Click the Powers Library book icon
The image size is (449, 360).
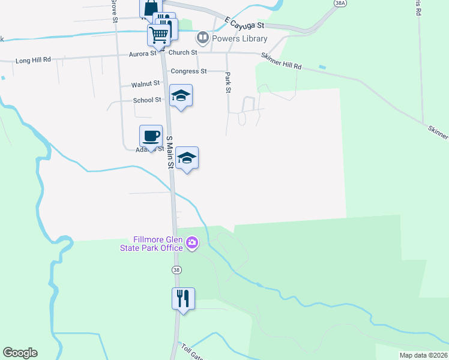click(203, 39)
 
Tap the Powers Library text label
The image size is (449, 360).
click(238, 39)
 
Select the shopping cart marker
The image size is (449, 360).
click(158, 34)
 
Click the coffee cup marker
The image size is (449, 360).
click(151, 136)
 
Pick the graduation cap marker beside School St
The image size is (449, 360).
click(181, 95)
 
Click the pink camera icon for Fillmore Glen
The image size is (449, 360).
click(192, 243)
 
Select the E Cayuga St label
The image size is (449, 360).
click(244, 23)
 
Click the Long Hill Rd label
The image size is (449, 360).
click(33, 61)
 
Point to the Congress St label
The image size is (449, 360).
click(188, 71)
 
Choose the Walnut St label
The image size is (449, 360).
click(145, 84)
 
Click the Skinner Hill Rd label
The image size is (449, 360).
click(281, 61)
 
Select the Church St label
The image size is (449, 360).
click(182, 53)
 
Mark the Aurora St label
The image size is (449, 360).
click(142, 54)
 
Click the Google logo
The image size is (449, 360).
click(20, 353)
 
